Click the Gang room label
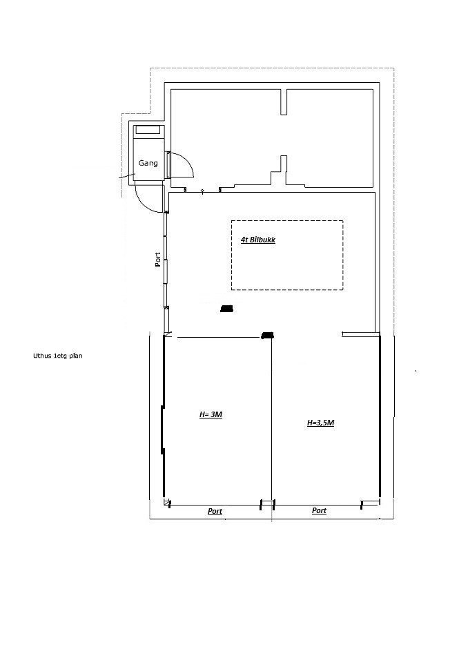[x=148, y=163]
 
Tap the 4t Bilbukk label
[x=258, y=240]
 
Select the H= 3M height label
[x=211, y=414]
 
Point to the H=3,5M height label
[x=320, y=423]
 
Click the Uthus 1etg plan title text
[x=57, y=356]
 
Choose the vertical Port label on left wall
[x=157, y=260]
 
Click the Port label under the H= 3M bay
[x=215, y=511]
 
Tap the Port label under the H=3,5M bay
[x=319, y=510]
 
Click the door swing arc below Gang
[x=145, y=204]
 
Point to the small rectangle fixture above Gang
[x=148, y=130]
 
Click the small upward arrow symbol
[x=202, y=191]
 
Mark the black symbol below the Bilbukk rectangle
[x=226, y=309]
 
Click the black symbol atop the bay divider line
[x=267, y=336]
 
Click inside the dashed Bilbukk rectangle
[x=287, y=263]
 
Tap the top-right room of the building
[x=330, y=138]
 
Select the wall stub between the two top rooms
[x=284, y=102]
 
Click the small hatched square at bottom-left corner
[x=166, y=502]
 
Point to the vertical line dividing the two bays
[x=271, y=420]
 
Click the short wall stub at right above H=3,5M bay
[x=359, y=335]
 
